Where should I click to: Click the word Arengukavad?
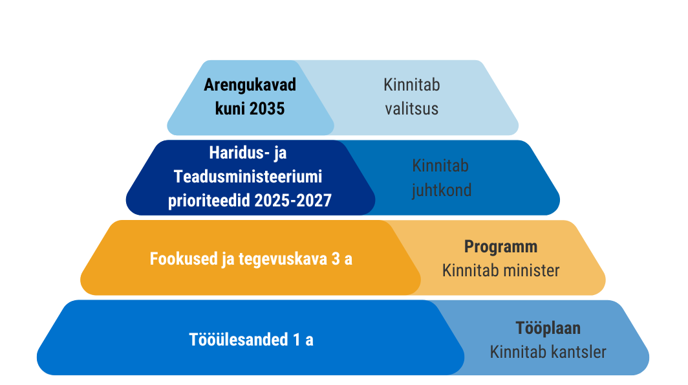pos(250,85)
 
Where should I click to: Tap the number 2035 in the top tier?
pos(268,109)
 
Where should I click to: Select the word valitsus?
pos(411,109)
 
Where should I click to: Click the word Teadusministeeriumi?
pos(248,177)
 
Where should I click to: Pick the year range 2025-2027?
pos(293,201)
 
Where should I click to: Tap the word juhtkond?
pos(442,190)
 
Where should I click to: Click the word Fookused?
pos(184,259)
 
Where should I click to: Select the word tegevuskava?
pos(283,259)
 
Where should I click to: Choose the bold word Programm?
pos(500,247)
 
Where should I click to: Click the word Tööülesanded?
pos(239,339)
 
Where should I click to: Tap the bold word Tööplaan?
pos(548,328)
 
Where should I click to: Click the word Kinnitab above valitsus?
pos(411,85)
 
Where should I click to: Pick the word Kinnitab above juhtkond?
pos(440,166)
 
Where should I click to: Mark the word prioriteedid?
pos(209,201)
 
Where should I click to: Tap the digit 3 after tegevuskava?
pos(336,259)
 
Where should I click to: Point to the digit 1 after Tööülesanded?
pos(297,339)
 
